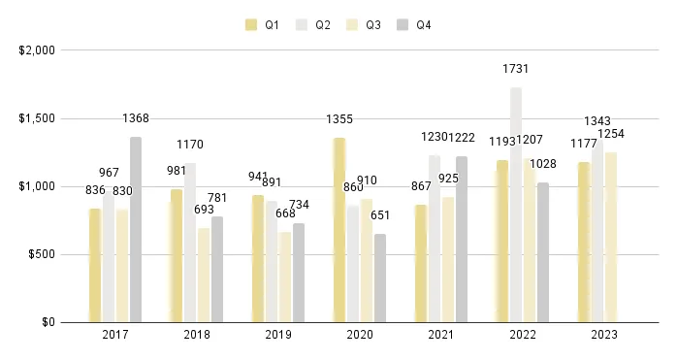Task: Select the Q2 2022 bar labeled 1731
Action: tap(516, 205)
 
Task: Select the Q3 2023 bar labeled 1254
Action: tap(611, 237)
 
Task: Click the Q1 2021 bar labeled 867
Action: tap(421, 263)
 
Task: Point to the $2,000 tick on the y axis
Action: tap(38, 50)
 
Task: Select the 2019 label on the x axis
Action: tap(278, 335)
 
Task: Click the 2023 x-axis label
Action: tap(603, 335)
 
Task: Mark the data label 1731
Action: tap(516, 69)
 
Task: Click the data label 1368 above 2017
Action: tap(136, 118)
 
